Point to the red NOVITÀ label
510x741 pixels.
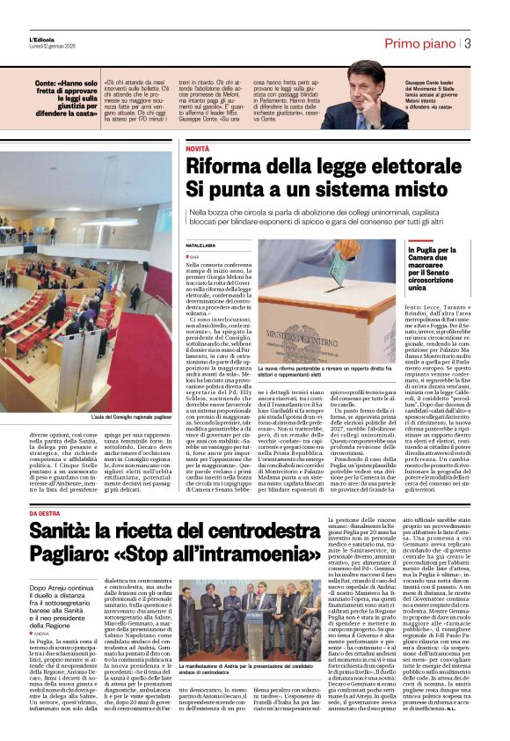pyautogui.click(x=197, y=149)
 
